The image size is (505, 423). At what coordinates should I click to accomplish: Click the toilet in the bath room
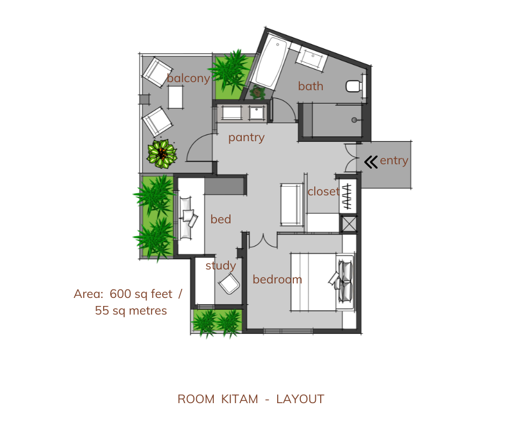354,85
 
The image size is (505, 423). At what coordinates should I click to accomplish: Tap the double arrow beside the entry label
371,161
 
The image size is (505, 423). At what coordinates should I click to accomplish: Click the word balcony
188,78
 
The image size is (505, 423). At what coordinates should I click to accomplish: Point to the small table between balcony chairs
176,98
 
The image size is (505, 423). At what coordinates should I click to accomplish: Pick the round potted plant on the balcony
162,153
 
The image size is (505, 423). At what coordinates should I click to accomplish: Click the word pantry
246,137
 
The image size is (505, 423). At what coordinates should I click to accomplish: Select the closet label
323,191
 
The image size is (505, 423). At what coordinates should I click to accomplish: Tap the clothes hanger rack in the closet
348,197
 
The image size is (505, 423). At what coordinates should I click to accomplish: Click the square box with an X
349,224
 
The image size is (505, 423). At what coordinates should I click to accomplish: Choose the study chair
229,284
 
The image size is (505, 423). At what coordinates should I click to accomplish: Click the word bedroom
277,280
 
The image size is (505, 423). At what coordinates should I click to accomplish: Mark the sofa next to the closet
292,204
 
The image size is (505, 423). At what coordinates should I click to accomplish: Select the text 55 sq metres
131,310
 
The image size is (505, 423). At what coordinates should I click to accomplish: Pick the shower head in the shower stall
355,120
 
